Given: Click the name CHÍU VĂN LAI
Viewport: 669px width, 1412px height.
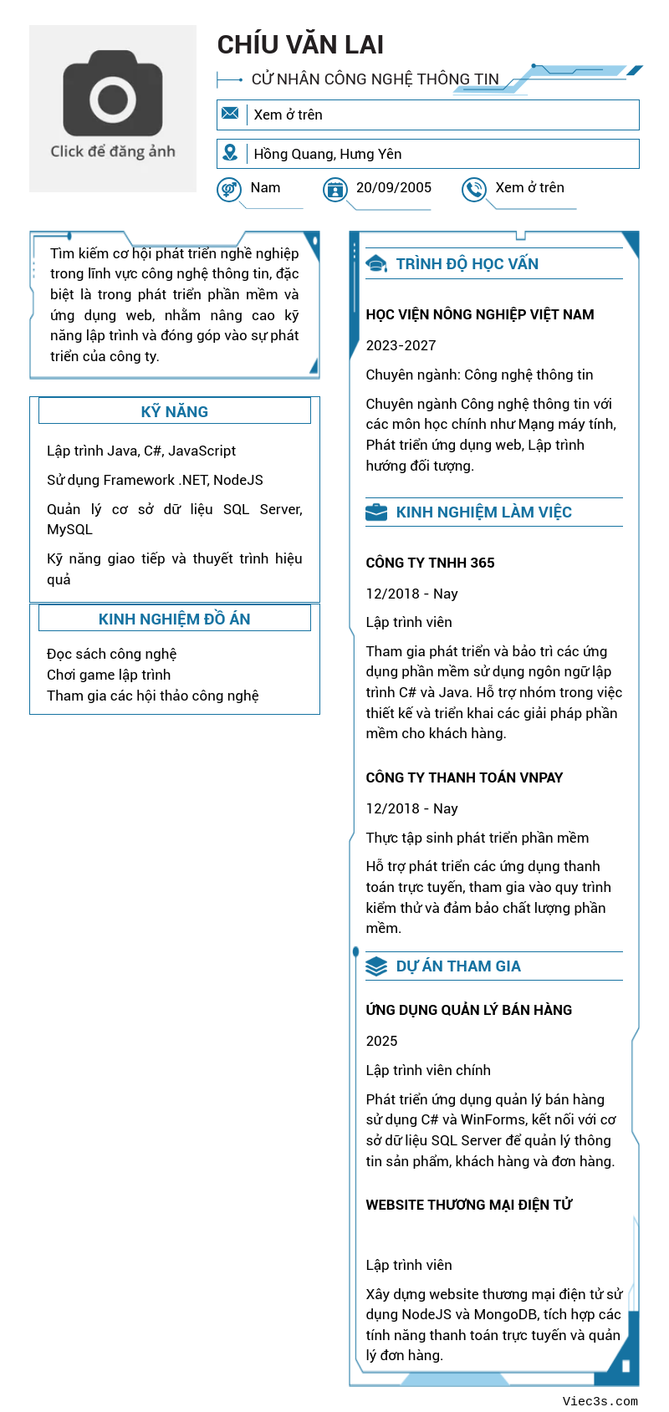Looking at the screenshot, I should point(300,45).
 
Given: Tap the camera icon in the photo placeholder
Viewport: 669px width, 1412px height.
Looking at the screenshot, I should point(113,94).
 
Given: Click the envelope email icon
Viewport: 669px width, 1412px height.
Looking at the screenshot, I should point(230,114).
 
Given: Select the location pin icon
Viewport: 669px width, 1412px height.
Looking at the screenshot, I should point(230,153).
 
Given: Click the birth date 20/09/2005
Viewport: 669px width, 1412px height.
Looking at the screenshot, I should point(394,188).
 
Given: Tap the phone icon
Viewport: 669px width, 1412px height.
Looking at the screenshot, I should point(474,190).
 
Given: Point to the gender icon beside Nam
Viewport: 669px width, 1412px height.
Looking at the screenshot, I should point(229,190).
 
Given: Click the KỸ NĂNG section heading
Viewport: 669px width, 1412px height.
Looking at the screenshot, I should point(174,411).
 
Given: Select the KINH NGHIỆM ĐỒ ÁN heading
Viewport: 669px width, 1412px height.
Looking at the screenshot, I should point(174,619).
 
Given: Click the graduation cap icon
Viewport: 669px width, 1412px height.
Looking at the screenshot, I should point(376,264).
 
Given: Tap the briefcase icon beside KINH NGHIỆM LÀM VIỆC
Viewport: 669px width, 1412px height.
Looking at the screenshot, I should point(376,512).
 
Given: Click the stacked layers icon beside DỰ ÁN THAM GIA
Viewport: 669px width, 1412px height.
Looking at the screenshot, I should point(376,966).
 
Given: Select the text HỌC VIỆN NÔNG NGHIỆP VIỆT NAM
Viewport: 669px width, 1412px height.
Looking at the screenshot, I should point(480,315).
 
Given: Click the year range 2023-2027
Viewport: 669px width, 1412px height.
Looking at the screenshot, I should point(401,345).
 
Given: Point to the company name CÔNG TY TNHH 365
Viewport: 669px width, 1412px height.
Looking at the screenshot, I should point(430,563).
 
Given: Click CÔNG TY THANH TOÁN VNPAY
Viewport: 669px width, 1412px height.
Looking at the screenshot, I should point(464,777).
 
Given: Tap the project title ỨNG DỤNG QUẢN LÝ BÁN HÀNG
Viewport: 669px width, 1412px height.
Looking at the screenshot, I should point(468,1010).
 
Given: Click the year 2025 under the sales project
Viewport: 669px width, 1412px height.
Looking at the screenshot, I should point(381,1041).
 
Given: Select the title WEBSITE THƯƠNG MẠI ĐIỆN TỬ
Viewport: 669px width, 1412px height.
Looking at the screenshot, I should point(468,1205).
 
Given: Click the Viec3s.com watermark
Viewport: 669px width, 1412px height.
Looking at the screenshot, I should point(600,1401).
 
